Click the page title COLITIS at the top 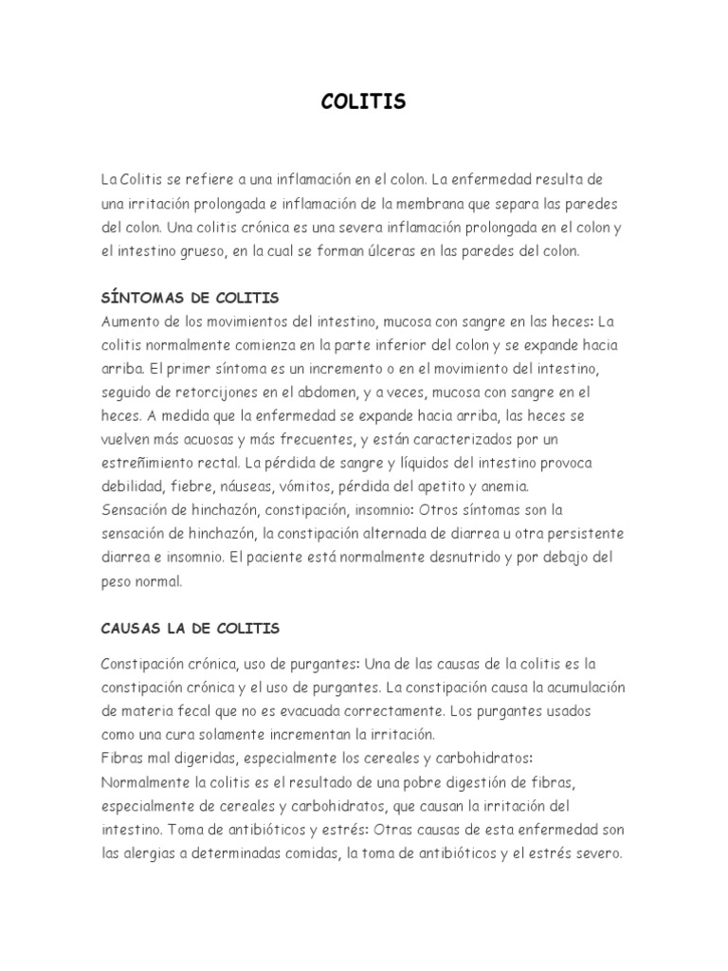pos(363,102)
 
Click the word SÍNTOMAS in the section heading pos(141,299)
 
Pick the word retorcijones pos(228,392)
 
